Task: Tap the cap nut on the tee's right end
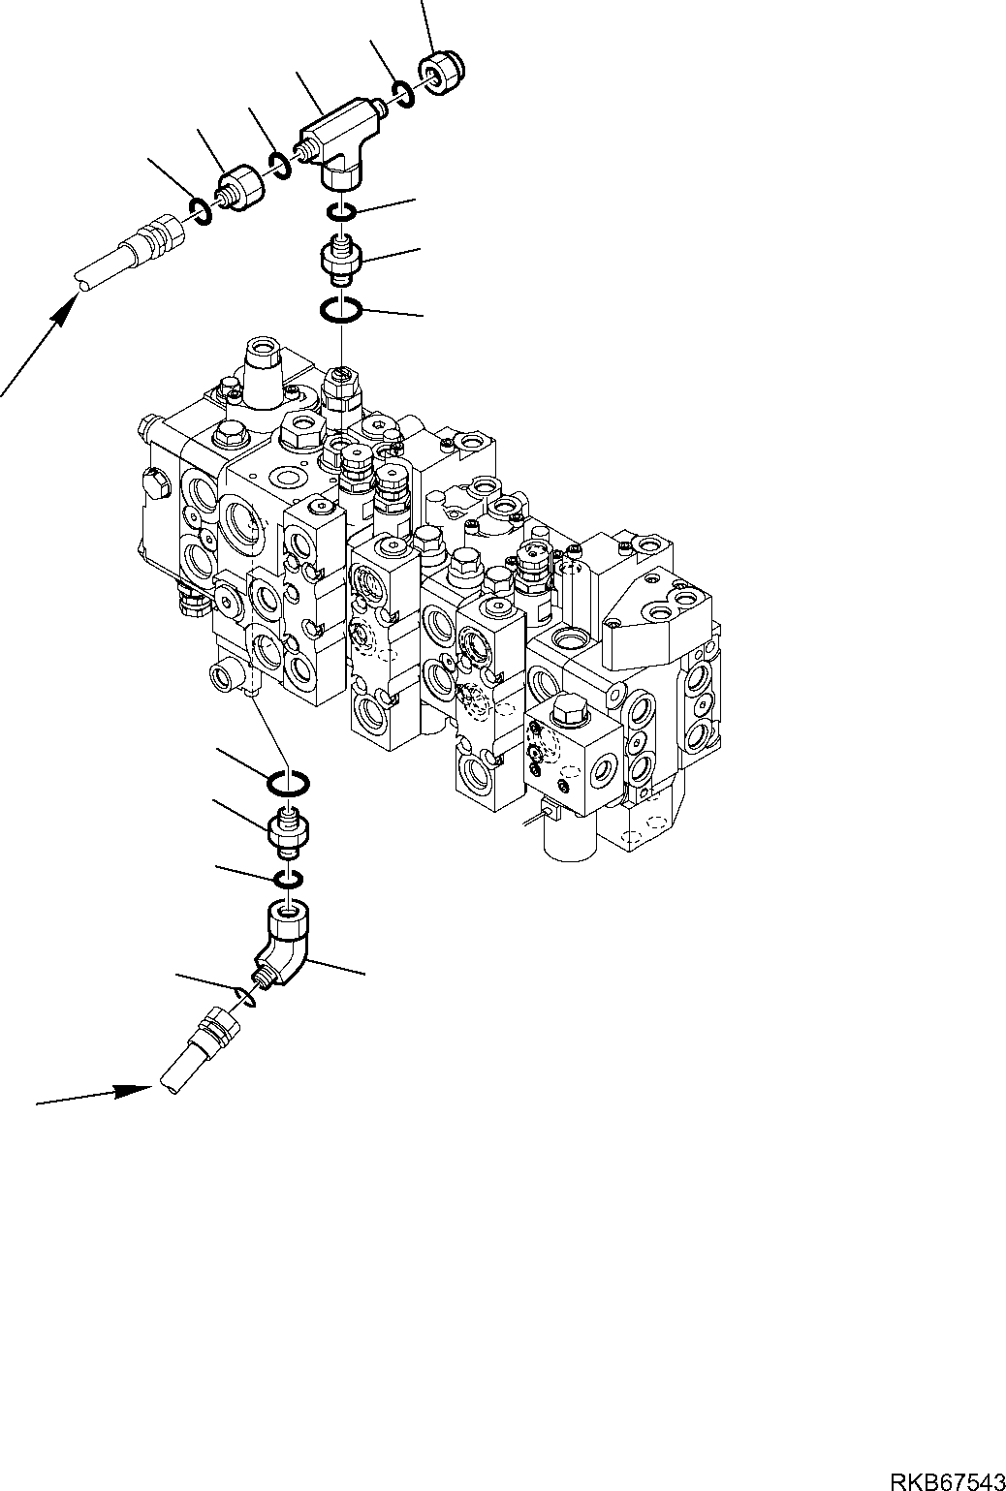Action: [441, 75]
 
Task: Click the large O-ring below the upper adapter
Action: [341, 310]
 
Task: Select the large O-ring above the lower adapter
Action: [288, 781]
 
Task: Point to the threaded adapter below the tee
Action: [340, 259]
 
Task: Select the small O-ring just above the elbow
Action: [288, 879]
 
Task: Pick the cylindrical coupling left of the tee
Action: [240, 186]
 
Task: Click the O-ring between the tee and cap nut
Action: [405, 95]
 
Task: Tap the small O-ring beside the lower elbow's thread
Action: [245, 996]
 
